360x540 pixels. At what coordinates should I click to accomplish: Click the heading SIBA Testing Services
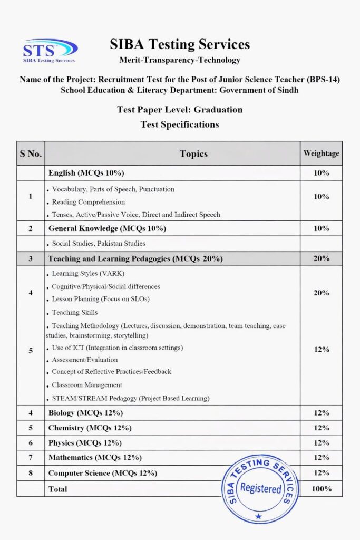click(x=180, y=45)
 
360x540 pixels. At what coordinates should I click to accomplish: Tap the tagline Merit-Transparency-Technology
click(x=180, y=60)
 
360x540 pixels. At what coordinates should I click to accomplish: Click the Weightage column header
click(x=321, y=153)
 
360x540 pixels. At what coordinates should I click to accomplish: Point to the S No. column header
click(x=31, y=154)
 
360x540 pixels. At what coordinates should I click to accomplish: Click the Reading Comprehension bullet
click(x=88, y=202)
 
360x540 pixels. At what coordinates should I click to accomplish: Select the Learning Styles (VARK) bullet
click(x=88, y=274)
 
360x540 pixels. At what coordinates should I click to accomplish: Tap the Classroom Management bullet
click(x=87, y=385)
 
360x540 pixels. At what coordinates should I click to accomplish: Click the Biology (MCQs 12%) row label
click(x=85, y=413)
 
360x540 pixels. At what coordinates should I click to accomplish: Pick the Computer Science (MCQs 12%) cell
click(x=102, y=473)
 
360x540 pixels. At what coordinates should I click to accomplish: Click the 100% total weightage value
click(x=321, y=489)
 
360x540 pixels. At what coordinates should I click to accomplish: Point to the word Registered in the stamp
click(x=260, y=488)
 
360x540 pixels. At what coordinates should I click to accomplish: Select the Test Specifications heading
click(x=180, y=124)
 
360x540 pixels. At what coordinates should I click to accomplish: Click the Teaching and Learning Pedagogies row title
click(x=135, y=259)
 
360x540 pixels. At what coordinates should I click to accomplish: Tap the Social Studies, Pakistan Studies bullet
click(x=99, y=244)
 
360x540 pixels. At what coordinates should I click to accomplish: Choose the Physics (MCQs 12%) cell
click(x=85, y=443)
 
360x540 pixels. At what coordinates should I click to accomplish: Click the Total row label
click(x=58, y=489)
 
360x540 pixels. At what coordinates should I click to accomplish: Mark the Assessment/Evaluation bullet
click(x=85, y=360)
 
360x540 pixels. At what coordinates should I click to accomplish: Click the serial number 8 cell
click(x=31, y=473)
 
